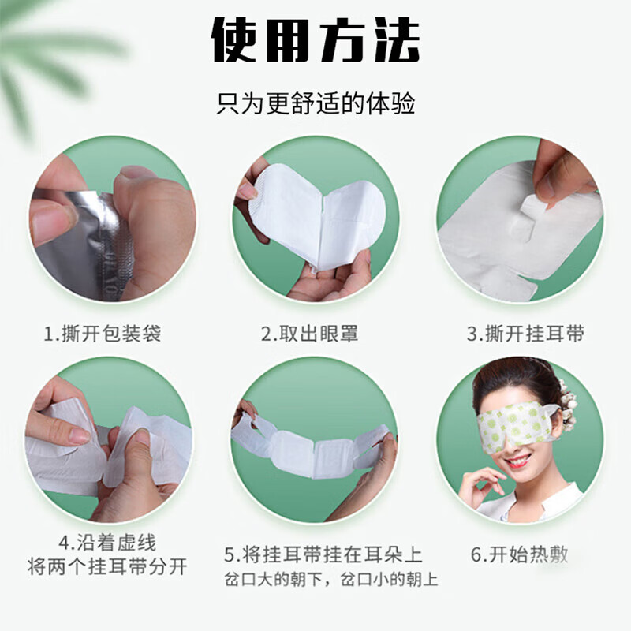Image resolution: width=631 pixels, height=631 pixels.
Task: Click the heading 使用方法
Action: click(x=315, y=39)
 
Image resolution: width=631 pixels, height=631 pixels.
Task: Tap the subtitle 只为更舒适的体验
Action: click(x=315, y=103)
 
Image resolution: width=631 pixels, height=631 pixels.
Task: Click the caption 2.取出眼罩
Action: click(x=310, y=334)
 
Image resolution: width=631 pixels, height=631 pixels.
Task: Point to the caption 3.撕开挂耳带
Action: click(x=525, y=334)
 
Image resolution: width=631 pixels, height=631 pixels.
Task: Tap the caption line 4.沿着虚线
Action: click(x=107, y=543)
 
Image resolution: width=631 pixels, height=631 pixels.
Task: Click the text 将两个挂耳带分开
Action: click(x=107, y=566)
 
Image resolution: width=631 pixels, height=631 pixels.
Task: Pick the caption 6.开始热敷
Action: click(x=520, y=554)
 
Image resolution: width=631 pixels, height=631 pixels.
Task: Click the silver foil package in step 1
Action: click(x=75, y=245)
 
